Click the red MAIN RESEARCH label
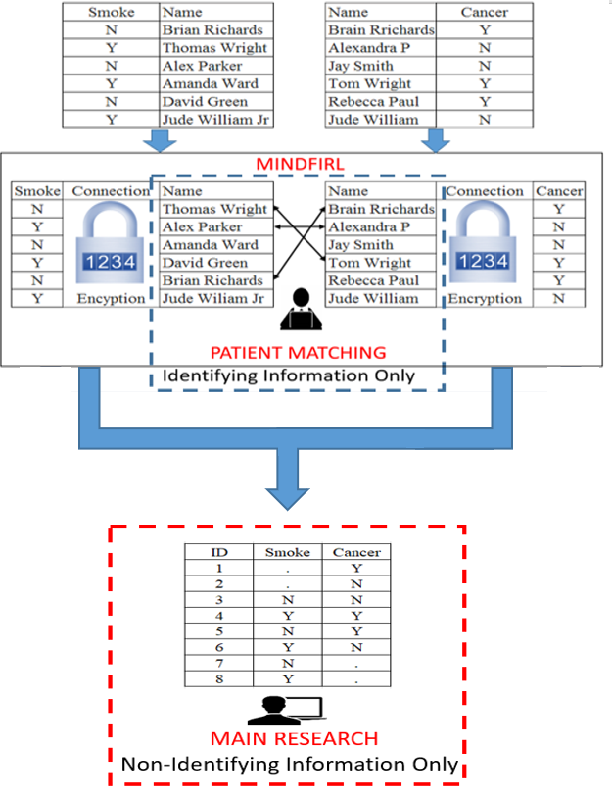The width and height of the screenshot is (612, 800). coord(295,738)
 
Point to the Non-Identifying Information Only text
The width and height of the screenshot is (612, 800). coord(290,763)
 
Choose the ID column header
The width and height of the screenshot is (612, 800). coord(219,552)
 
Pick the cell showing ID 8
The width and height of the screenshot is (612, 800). coord(219,677)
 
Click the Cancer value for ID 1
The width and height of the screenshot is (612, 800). coord(356,568)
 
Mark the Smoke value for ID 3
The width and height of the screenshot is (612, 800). coord(287,599)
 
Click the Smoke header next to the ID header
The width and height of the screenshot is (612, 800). coord(287,552)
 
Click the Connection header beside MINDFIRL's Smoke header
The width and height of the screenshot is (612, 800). coord(110,191)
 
